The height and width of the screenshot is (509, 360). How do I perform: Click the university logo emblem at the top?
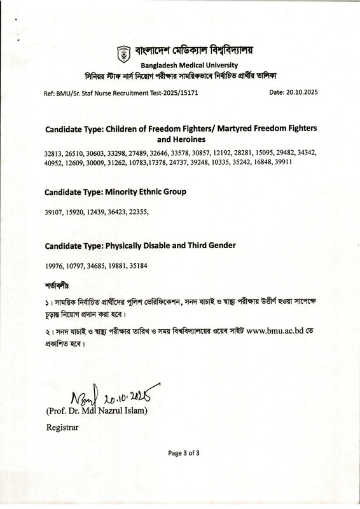click(121, 50)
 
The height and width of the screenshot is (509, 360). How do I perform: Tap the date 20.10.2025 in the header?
click(293, 93)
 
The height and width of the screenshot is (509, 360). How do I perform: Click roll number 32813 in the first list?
click(55, 154)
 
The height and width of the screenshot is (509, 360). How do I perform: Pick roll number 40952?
click(55, 163)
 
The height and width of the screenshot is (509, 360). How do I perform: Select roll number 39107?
click(55, 212)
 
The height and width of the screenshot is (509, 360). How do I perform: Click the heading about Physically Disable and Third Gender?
click(141, 245)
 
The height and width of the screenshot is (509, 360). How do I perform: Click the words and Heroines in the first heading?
click(181, 138)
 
